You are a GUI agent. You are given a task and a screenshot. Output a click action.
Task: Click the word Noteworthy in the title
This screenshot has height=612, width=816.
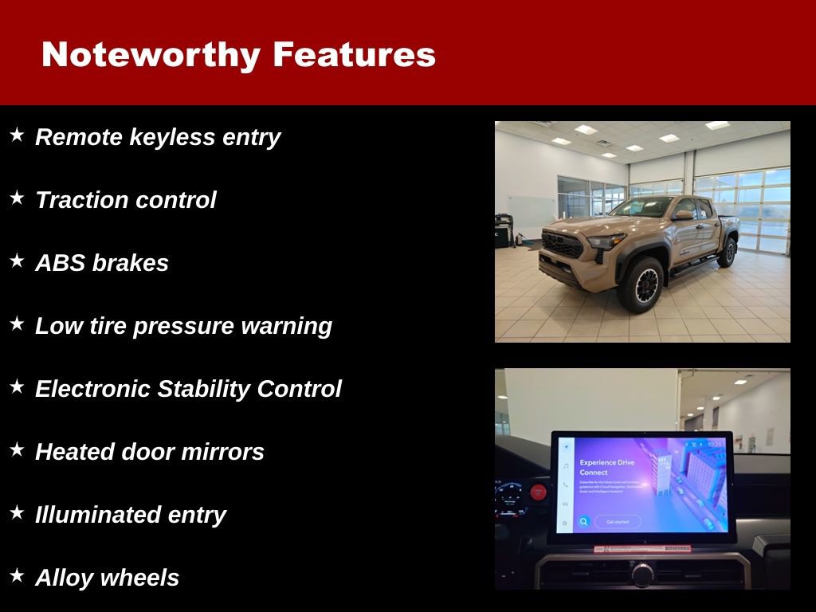[151, 56]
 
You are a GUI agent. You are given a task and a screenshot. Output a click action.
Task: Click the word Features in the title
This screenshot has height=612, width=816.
[354, 56]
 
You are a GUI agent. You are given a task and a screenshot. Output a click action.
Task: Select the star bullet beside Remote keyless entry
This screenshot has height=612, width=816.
[17, 135]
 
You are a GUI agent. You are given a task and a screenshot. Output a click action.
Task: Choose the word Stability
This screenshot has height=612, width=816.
[203, 389]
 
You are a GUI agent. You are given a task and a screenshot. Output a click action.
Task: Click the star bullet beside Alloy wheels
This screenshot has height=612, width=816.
[17, 575]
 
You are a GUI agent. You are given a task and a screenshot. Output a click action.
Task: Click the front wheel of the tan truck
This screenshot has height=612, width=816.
[640, 285]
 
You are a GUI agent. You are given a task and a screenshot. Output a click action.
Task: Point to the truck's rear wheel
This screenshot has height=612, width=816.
[727, 252]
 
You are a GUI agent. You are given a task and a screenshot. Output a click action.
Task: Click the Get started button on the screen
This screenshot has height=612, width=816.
[618, 522]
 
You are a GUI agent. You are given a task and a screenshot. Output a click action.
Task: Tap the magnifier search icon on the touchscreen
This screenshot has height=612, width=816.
[584, 522]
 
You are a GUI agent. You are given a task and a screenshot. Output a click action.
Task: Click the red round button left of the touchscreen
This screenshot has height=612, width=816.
[538, 492]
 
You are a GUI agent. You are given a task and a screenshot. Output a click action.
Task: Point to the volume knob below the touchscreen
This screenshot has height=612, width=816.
[642, 571]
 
